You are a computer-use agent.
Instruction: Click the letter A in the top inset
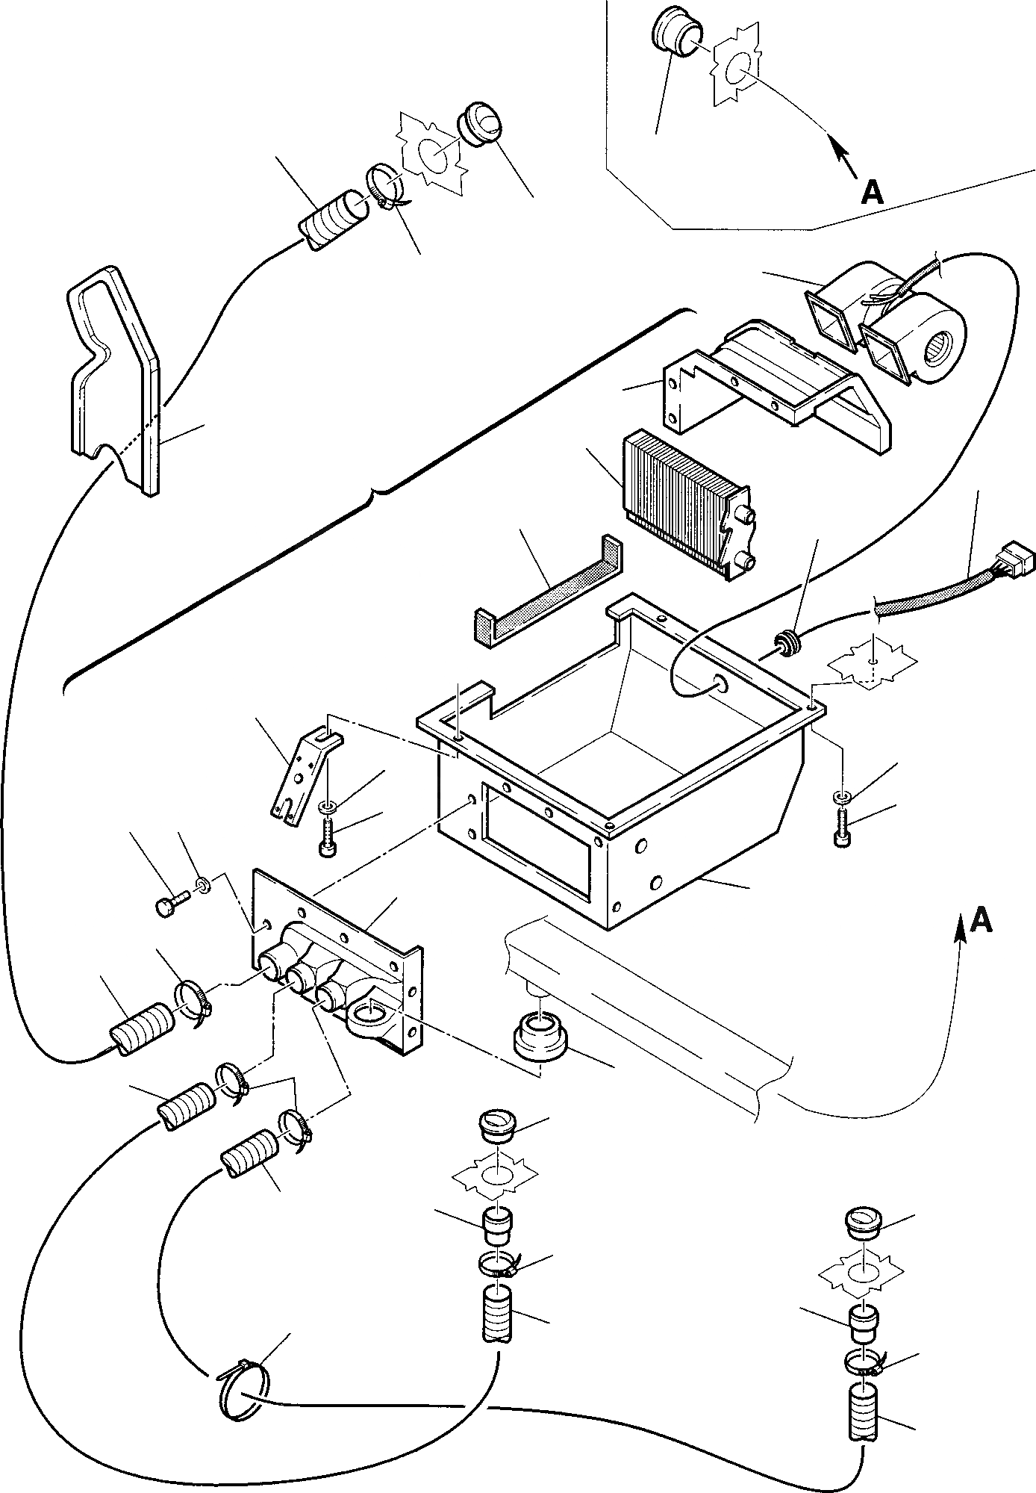872,193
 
